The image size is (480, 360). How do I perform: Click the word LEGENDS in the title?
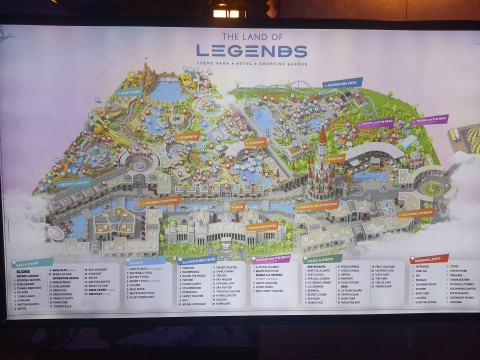251,50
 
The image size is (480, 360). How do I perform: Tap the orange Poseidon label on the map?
187,136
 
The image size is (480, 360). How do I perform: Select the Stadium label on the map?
255,142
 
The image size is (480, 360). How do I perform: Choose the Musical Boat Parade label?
316,205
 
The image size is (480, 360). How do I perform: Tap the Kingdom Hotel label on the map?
261,226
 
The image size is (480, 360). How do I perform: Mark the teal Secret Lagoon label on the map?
74,183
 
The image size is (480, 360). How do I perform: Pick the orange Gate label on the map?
238,206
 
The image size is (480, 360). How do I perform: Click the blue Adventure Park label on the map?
342,82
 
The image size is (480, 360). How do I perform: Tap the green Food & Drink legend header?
322,259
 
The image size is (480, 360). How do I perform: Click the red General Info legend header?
428,258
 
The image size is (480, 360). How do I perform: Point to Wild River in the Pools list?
138,288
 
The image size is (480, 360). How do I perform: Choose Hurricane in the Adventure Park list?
223,303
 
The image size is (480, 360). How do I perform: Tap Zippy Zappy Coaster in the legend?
269,290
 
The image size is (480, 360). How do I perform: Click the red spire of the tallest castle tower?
322,134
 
